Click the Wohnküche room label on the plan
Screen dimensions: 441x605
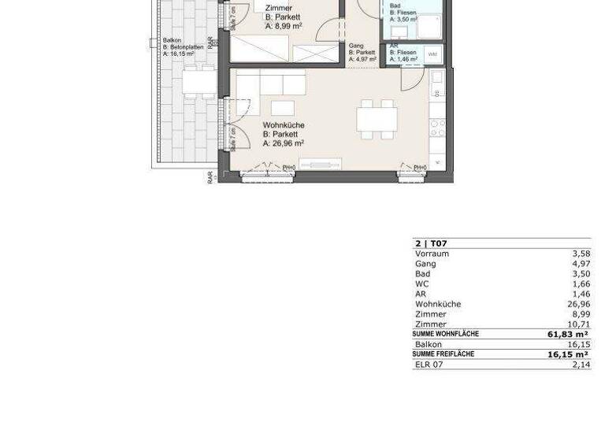[x=283, y=125]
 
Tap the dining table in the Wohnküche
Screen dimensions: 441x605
[x=377, y=119]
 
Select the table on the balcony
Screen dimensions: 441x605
[x=199, y=80]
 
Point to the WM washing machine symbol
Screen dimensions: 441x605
[x=432, y=54]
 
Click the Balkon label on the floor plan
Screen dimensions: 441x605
[x=172, y=40]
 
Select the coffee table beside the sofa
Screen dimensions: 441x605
[x=283, y=108]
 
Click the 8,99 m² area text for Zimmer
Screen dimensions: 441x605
[x=284, y=26]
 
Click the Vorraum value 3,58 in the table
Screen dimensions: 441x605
[x=581, y=254]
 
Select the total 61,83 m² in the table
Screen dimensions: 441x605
[x=568, y=335]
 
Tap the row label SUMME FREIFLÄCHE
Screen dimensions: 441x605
[x=444, y=354]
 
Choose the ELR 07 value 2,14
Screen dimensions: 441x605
[x=581, y=365]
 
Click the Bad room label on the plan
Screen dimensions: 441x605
[x=395, y=6]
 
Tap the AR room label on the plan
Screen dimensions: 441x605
[x=394, y=46]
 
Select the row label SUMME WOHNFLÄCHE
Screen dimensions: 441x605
[x=446, y=334]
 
